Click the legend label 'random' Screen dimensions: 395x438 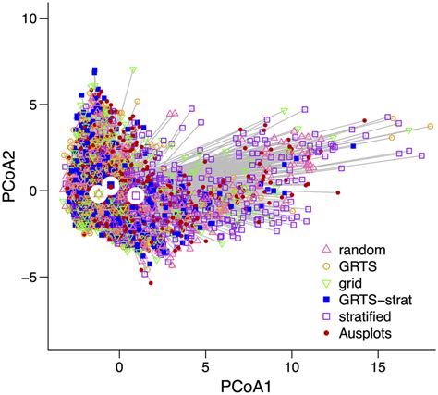coord(359,250)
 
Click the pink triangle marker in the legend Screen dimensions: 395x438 coord(324,250)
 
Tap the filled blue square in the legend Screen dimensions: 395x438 coord(324,298)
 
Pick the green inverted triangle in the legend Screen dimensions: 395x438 coord(324,282)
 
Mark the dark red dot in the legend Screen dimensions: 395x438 coord(324,330)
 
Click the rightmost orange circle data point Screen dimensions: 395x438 coord(430,127)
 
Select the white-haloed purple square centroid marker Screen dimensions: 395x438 coord(136,195)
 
